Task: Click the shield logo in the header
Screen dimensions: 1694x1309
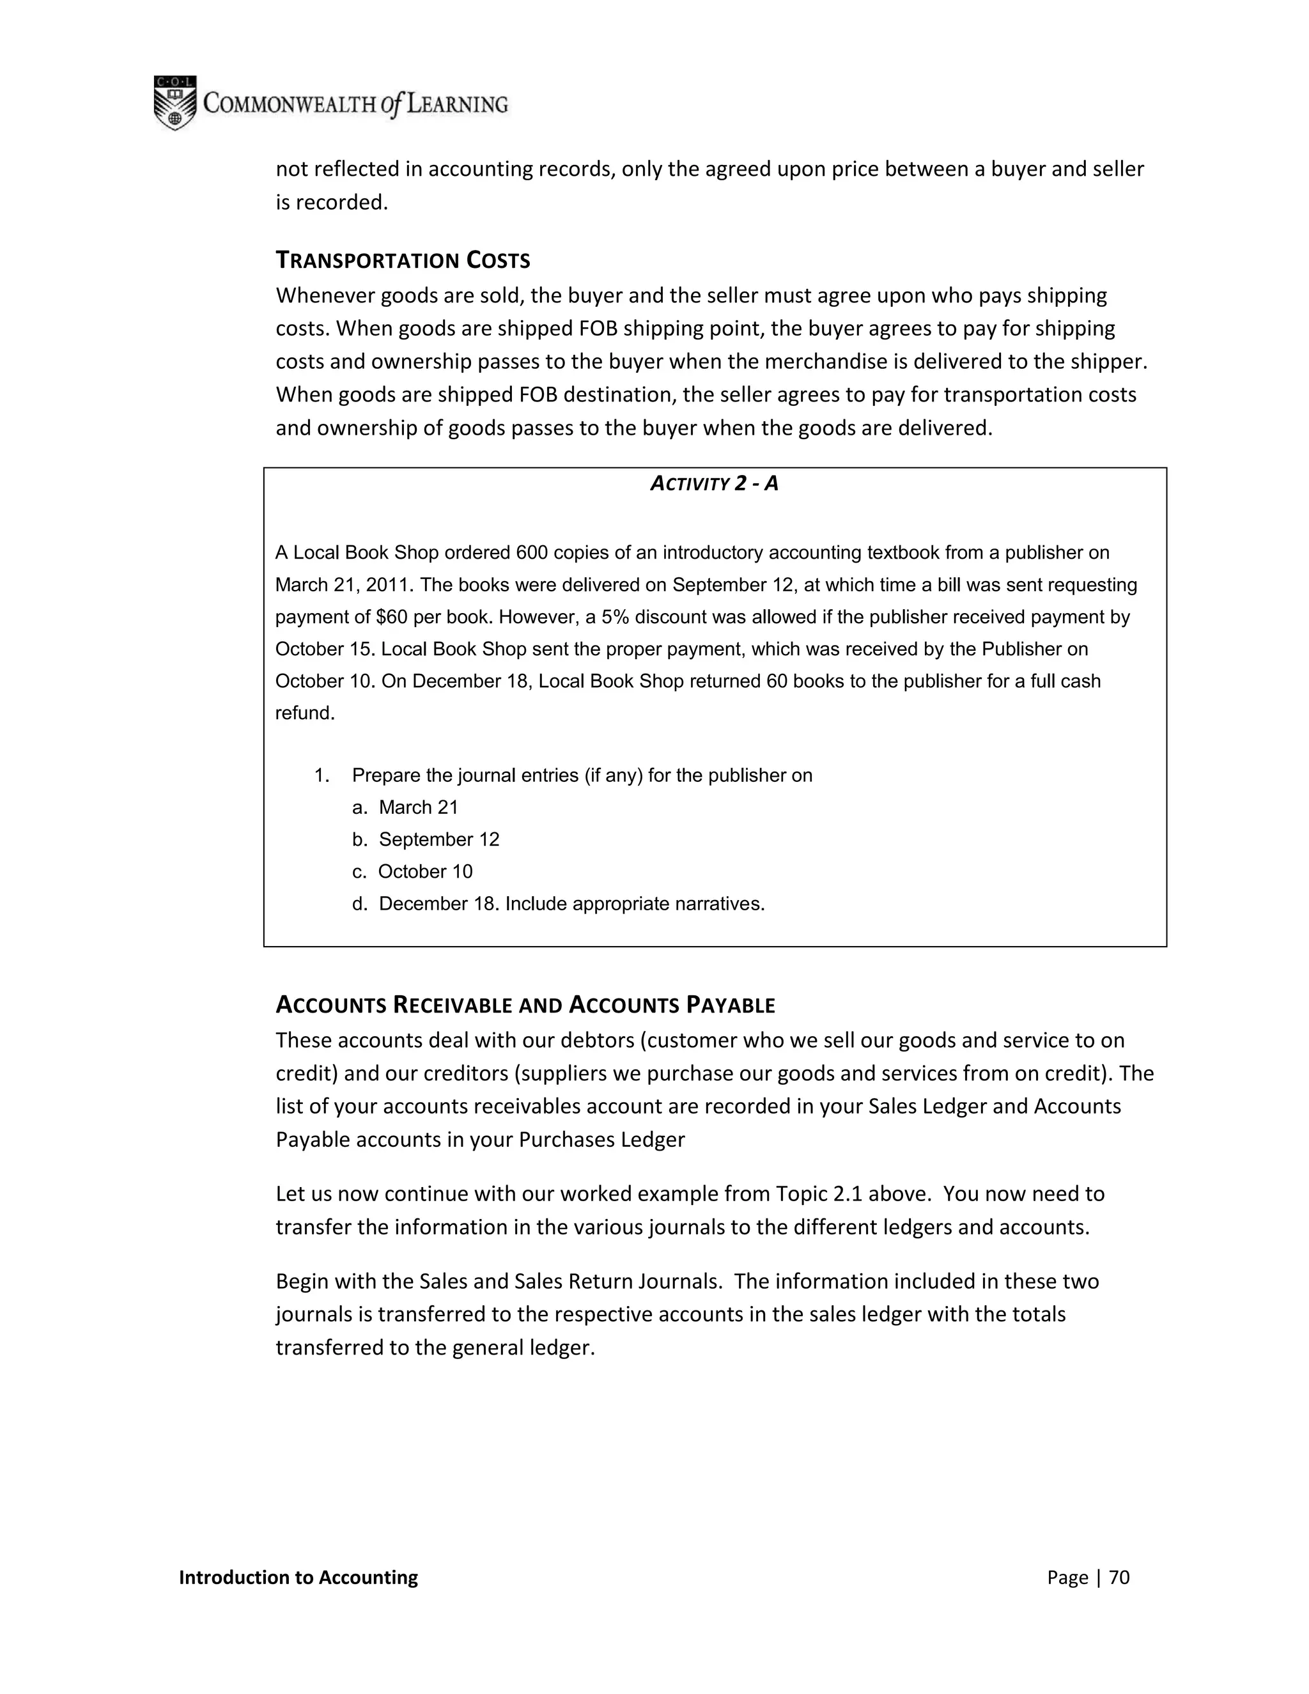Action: pyautogui.click(x=174, y=102)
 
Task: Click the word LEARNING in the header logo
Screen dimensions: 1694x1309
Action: pyautogui.click(x=458, y=104)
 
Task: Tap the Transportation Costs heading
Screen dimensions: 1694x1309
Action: pyautogui.click(x=403, y=261)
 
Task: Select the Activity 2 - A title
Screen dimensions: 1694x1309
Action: pyautogui.click(x=714, y=484)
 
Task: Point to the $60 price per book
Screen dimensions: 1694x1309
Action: pyautogui.click(x=392, y=618)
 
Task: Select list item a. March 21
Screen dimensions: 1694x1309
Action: pyautogui.click(x=405, y=807)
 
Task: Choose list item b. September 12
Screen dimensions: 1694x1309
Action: pyautogui.click(x=426, y=839)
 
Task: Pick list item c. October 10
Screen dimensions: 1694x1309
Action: pyautogui.click(x=412, y=872)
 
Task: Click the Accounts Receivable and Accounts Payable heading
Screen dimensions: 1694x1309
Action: pyautogui.click(x=525, y=1006)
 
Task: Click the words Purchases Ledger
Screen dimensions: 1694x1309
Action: pyautogui.click(x=601, y=1139)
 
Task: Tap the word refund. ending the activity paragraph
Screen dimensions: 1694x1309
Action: pyautogui.click(x=305, y=713)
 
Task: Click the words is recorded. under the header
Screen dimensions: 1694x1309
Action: pyautogui.click(x=331, y=203)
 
